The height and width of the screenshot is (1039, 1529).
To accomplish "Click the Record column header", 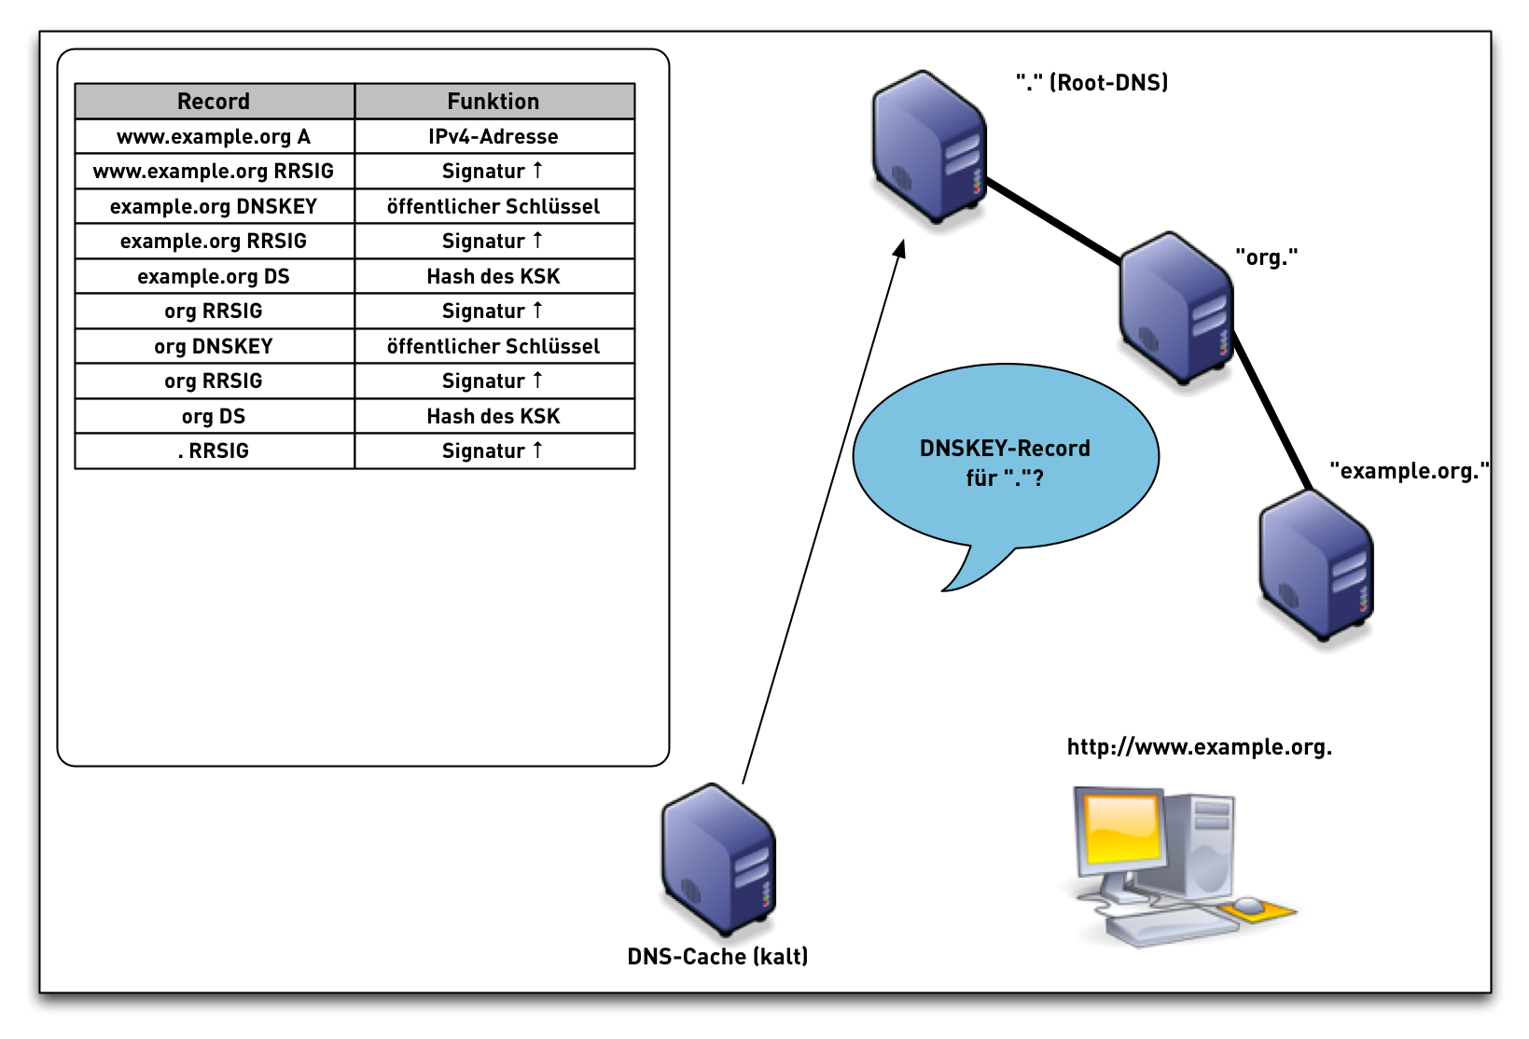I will pos(214,101).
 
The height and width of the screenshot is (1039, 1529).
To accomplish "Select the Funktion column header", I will pos(493,101).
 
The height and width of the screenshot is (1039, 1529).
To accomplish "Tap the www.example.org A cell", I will pos(214,136).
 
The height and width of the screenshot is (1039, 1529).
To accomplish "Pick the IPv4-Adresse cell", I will pos(493,136).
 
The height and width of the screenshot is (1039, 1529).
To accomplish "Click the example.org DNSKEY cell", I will pos(214,206).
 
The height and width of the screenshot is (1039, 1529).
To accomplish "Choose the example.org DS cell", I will pos(214,276).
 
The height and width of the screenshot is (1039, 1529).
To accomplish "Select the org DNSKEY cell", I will pos(214,346).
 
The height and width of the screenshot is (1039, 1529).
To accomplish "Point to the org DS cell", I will pos(214,416).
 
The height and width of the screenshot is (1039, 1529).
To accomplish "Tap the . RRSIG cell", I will pos(214,450).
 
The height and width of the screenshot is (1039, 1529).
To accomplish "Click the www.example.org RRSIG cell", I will pos(214,171).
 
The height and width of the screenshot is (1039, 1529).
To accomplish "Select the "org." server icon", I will pos(1175,308).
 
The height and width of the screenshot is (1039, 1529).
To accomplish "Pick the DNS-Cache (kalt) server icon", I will pos(718,859).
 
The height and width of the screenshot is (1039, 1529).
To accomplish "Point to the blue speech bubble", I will pos(1005,457).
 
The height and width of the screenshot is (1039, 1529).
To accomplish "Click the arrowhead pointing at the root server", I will pos(900,249).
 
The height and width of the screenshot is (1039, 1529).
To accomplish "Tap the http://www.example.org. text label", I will pos(1199,747).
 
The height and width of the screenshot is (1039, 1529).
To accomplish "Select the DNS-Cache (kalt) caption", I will pos(717,957).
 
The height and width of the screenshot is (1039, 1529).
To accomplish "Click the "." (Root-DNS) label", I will pos(1091,83).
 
